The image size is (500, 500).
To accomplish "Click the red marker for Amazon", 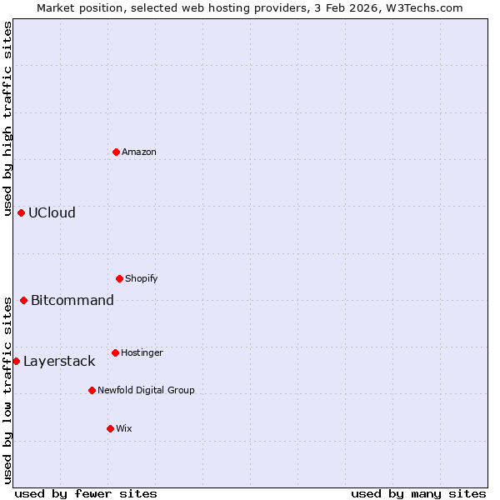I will point(116,152).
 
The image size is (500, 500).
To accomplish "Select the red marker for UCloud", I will point(21,212).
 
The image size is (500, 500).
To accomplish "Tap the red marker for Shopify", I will point(119,278).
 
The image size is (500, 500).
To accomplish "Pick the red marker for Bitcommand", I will point(23,300).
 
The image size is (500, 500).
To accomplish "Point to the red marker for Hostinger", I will point(115,352).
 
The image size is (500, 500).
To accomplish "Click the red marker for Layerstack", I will point(16,361).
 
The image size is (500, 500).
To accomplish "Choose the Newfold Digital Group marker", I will point(92,390).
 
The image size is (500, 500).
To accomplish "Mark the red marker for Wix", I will point(110,428).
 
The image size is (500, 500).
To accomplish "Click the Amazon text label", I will point(139,152).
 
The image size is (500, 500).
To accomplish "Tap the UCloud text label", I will point(52,212).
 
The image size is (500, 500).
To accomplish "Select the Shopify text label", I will point(142,278).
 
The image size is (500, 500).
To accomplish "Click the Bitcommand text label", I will point(72,300).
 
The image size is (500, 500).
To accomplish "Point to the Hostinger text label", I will point(142,352).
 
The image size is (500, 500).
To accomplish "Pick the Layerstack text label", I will point(59,361).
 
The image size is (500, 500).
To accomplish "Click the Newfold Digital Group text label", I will point(146,390).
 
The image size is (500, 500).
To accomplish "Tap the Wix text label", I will point(124,428).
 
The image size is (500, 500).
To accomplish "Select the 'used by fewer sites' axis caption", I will point(85,493).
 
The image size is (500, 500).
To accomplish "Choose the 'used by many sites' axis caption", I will point(418,493).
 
